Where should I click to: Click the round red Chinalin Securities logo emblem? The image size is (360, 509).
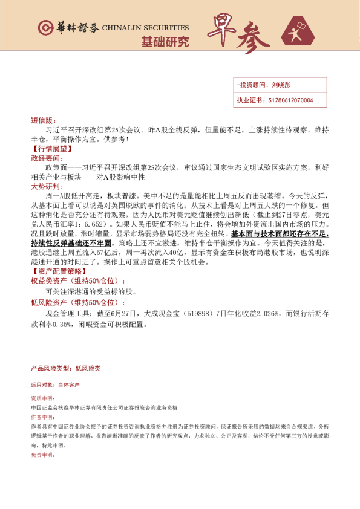point(44,28)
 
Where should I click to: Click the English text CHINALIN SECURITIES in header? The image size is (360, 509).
point(145,28)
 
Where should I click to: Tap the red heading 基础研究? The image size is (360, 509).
point(165,42)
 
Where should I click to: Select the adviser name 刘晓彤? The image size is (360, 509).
point(282,86)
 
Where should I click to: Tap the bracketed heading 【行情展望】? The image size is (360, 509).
point(51,148)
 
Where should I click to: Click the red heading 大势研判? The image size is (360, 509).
point(46,187)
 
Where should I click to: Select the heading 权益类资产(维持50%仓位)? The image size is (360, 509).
point(79,281)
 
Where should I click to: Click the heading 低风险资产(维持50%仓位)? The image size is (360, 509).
point(79,302)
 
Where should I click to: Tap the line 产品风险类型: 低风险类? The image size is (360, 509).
point(65,368)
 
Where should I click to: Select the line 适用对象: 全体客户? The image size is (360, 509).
point(56,384)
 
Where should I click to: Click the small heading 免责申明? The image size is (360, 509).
point(42,455)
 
